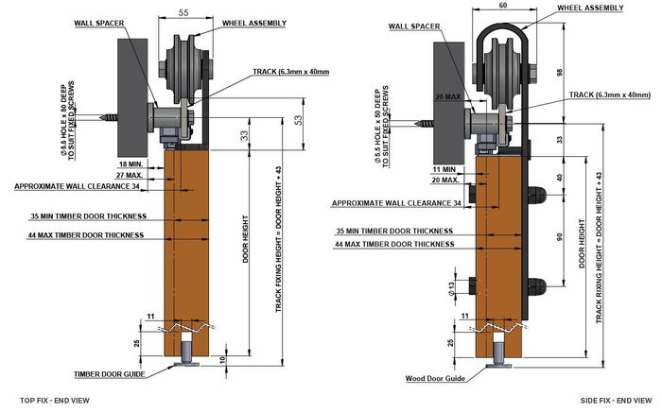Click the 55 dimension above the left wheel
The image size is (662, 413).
[183, 12]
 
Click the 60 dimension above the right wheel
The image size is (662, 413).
[502, 6]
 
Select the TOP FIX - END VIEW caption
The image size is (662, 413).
[55, 400]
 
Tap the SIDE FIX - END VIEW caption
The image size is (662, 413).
[616, 400]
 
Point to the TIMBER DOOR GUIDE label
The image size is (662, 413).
[110, 374]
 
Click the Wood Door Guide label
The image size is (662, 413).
[435, 378]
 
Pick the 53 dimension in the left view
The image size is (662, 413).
[299, 121]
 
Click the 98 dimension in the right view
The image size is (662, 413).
[560, 72]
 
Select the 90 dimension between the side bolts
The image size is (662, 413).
[560, 236]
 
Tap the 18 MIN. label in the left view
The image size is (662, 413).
[131, 163]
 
